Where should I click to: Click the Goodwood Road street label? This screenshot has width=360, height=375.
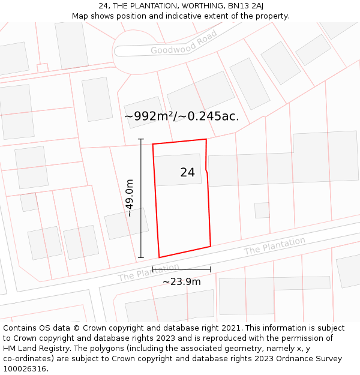184,43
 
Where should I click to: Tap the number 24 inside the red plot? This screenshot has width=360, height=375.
187,172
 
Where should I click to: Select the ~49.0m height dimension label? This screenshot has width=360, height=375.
128,198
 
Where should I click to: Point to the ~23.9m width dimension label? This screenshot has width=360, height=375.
181,281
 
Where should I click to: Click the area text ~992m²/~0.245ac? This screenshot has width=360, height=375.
181,116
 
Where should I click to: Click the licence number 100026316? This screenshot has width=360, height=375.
25,369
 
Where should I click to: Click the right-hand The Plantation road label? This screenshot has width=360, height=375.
274,246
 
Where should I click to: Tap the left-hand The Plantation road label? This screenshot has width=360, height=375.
148,272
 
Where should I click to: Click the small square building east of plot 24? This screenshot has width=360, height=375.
262,210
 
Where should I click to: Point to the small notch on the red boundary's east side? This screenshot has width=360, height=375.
207,172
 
